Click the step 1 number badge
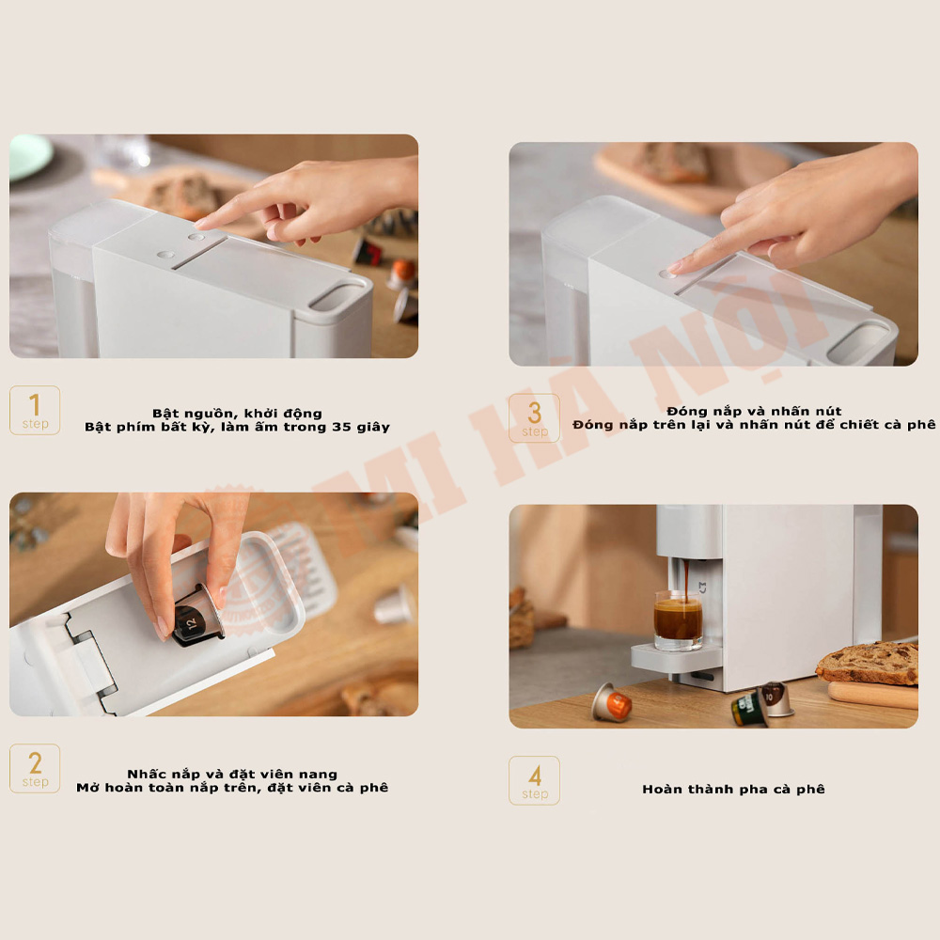click(x=35, y=410)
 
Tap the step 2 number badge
click(x=35, y=769)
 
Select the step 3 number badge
click(x=534, y=418)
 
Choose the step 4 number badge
click(x=534, y=780)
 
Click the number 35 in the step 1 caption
click(x=342, y=427)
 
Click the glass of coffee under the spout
click(x=678, y=620)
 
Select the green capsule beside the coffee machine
click(x=748, y=709)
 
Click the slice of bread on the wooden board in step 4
click(x=869, y=662)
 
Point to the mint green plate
click(x=29, y=156)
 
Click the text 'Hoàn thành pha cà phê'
click(x=733, y=789)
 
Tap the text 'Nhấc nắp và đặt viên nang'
click(x=232, y=774)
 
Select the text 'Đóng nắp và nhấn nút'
click(x=754, y=411)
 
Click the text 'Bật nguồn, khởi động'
click(x=237, y=413)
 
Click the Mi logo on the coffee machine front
click(x=702, y=588)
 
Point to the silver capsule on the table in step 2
click(x=394, y=605)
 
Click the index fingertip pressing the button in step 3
click(x=674, y=269)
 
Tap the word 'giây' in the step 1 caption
click(x=373, y=428)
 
